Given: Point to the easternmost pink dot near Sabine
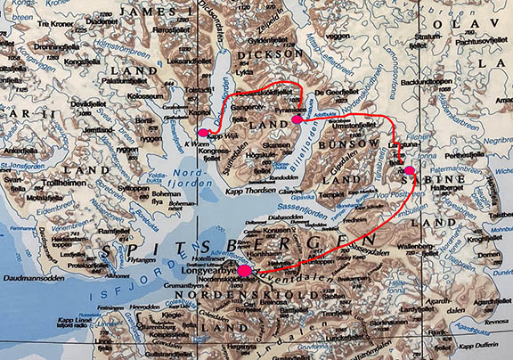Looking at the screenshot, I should (409, 170).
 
